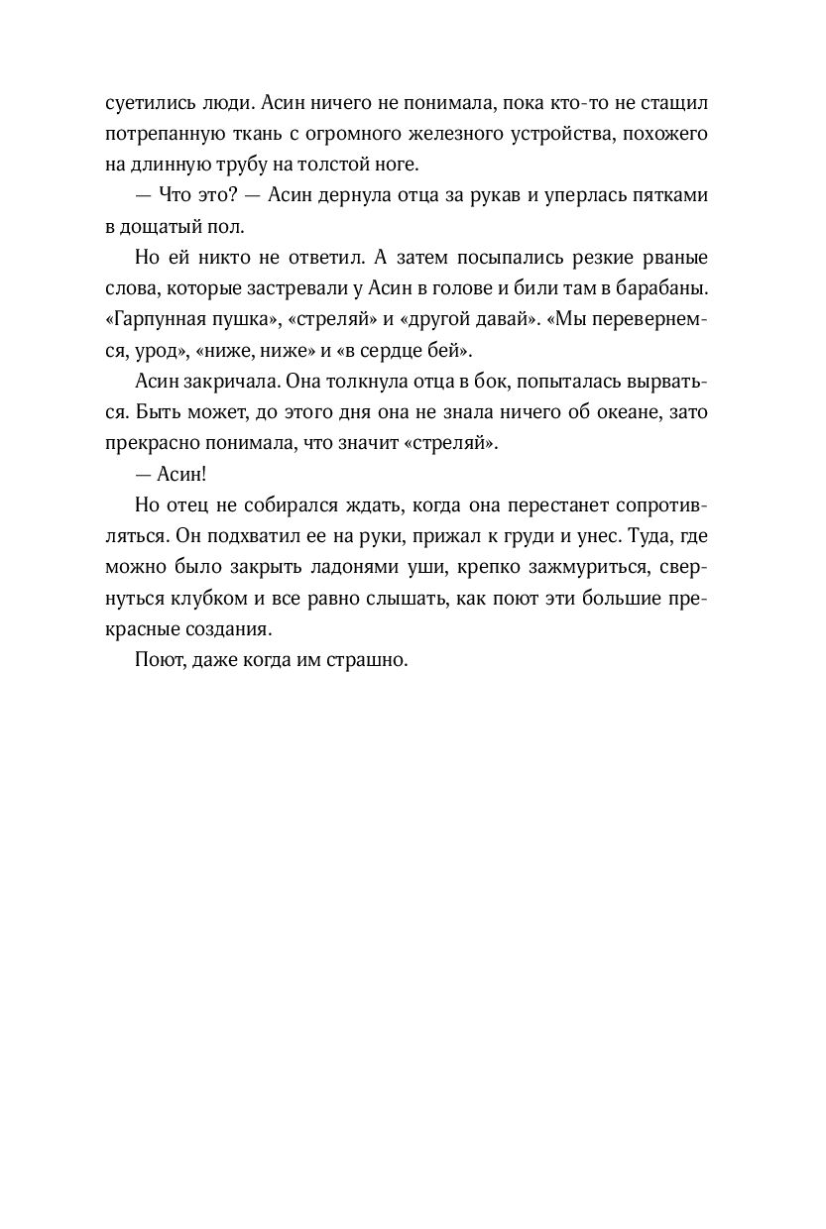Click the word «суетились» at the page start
coord(146,102)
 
